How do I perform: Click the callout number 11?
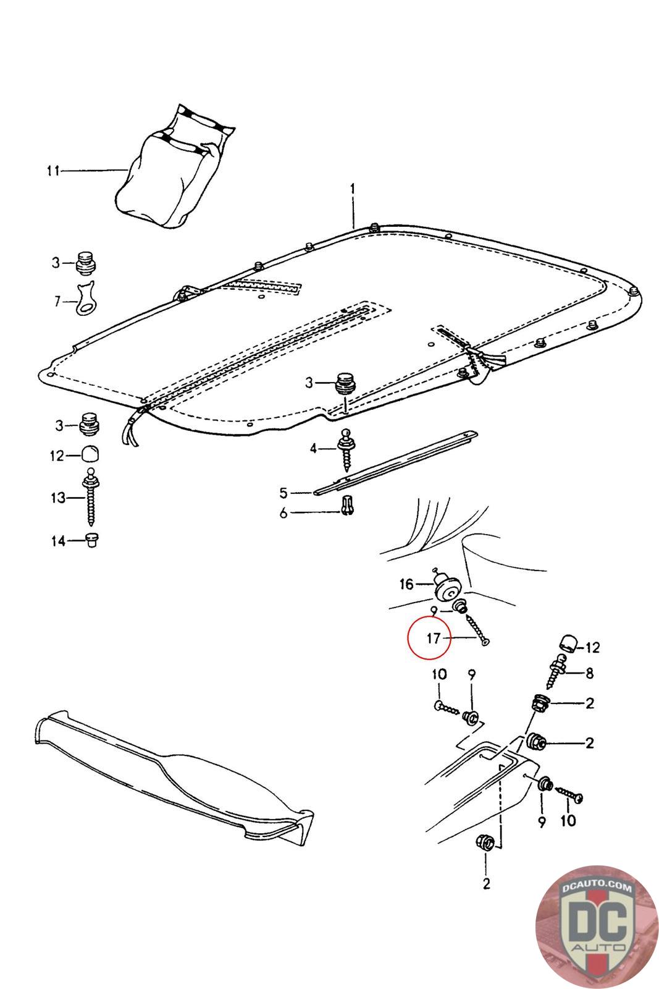53,171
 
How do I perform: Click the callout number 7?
57,302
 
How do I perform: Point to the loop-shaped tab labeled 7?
87,298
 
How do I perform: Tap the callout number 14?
58,541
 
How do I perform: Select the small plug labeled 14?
93,539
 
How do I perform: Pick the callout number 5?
283,493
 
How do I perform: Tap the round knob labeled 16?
447,587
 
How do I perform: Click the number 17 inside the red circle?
434,638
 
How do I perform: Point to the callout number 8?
589,673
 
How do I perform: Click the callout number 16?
406,584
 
